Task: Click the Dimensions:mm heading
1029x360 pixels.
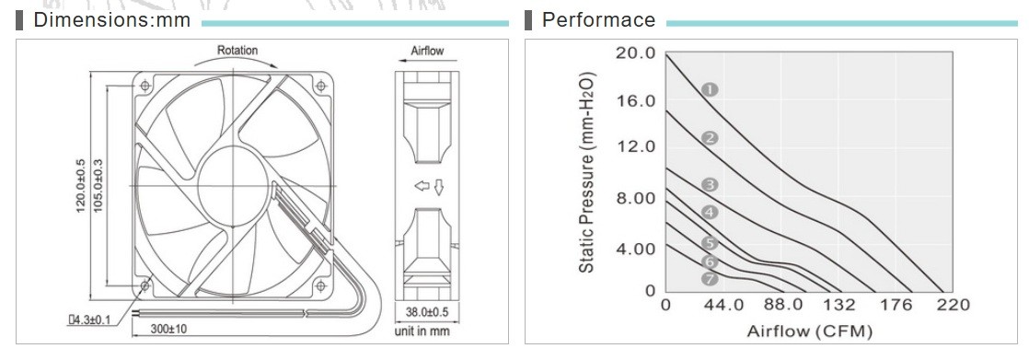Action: pos(111,19)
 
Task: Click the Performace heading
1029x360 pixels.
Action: pos(598,19)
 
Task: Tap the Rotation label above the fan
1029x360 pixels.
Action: pos(237,50)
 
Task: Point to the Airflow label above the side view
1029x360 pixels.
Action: pos(427,51)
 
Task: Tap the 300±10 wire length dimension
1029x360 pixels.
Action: pos(168,329)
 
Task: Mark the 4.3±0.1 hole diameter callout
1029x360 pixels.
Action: pos(90,319)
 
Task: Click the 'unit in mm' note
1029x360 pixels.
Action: pos(422,331)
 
